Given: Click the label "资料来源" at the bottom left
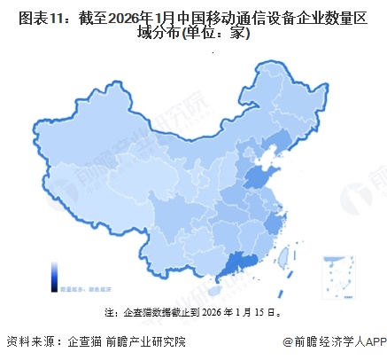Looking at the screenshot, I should pyautogui.click(x=27, y=341).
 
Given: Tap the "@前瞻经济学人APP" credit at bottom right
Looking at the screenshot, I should pyautogui.click(x=330, y=341).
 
